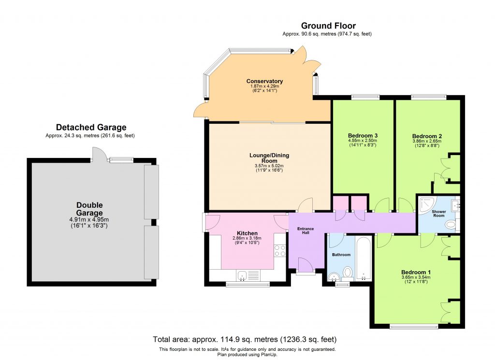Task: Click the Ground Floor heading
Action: [328, 26]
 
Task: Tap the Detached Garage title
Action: [91, 128]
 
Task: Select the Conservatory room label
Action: [264, 81]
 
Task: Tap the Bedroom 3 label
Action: [363, 135]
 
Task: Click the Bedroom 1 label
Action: [416, 273]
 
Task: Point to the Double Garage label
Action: [89, 209]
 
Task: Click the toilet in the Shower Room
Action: [451, 224]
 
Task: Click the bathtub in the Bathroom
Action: [364, 258]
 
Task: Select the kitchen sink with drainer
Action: [248, 275]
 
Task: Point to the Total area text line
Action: [245, 339]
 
